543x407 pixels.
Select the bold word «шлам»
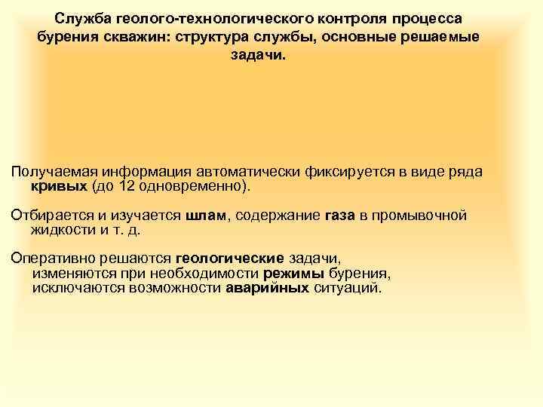[x=204, y=216]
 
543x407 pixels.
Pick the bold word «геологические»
[x=219, y=260]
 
